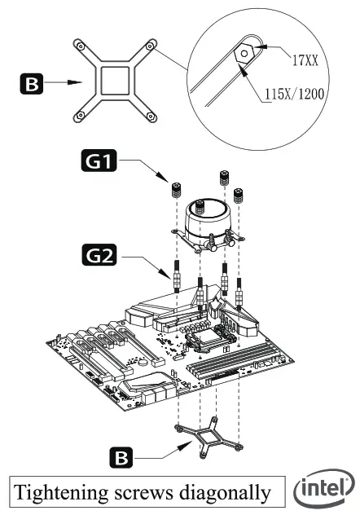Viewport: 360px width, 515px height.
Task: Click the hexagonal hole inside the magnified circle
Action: click(x=244, y=51)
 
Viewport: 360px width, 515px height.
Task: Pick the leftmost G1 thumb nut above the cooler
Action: click(x=176, y=191)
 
